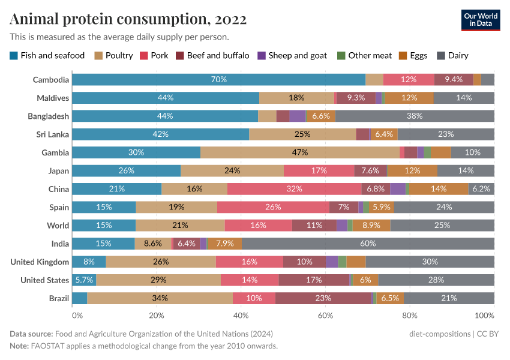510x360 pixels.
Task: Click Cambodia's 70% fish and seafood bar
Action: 218,79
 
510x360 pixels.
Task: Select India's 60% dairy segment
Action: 368,244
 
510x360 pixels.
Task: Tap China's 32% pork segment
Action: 294,189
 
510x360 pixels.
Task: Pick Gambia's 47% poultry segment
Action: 300,152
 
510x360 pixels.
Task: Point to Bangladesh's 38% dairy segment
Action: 415,116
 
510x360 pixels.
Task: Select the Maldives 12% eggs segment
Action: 409,98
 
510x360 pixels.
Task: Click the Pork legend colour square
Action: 143,56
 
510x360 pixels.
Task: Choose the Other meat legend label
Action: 370,56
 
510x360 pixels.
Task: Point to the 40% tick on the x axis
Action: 241,316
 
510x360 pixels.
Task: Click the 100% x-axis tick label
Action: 485,316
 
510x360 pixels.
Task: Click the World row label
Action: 58,226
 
